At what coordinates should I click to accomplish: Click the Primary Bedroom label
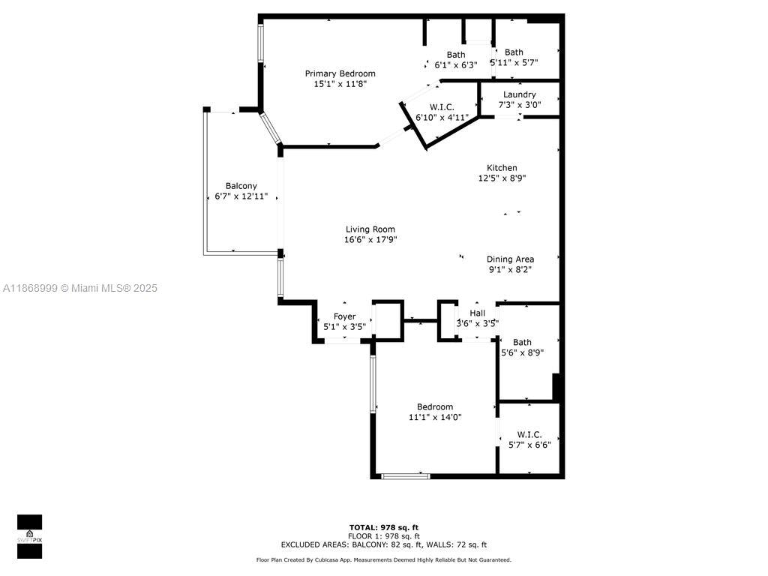[340, 73]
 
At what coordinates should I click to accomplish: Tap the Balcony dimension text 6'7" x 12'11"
[241, 196]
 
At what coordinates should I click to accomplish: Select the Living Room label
[370, 229]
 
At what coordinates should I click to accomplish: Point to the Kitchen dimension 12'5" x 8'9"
[502, 178]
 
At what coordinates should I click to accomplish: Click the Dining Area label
[510, 259]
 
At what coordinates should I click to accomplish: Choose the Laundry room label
[520, 94]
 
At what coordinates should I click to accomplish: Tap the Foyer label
[345, 316]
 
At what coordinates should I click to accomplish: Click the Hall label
[478, 313]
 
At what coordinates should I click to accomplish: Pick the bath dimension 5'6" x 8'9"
[523, 352]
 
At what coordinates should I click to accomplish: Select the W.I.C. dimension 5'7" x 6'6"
[529, 445]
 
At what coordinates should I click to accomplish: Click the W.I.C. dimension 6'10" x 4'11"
[442, 118]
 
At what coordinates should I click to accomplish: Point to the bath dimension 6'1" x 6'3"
[456, 65]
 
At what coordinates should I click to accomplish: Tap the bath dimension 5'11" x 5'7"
[514, 62]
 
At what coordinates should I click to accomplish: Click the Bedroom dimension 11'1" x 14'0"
[435, 417]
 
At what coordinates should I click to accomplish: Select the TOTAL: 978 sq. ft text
[384, 527]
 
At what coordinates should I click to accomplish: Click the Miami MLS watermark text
[80, 289]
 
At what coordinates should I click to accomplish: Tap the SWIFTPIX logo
[29, 536]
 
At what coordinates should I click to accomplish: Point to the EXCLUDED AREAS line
[384, 544]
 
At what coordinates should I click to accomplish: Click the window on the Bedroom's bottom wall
[406, 476]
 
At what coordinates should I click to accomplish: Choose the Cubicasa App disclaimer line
[384, 559]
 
